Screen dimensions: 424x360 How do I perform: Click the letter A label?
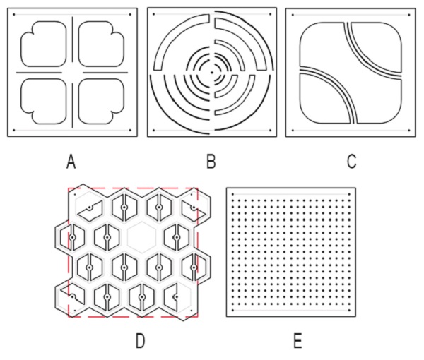click(71, 162)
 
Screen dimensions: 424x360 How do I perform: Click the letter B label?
click(211, 162)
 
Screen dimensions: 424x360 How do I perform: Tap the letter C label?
click(351, 162)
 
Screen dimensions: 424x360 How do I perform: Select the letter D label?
click(141, 342)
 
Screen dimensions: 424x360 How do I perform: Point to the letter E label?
click(298, 342)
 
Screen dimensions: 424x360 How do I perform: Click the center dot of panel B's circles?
click(212, 73)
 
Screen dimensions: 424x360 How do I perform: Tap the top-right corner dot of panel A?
click(130, 15)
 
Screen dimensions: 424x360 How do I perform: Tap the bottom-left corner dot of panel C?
click(293, 131)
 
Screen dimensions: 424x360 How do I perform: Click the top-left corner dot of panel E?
click(232, 194)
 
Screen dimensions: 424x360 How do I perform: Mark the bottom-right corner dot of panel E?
click(349, 310)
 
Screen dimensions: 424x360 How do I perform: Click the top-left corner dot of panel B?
click(153, 14)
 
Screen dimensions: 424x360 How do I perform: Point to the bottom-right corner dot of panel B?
click(271, 131)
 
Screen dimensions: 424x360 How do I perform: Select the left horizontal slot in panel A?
click(39, 73)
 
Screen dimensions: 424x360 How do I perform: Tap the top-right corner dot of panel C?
click(409, 15)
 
